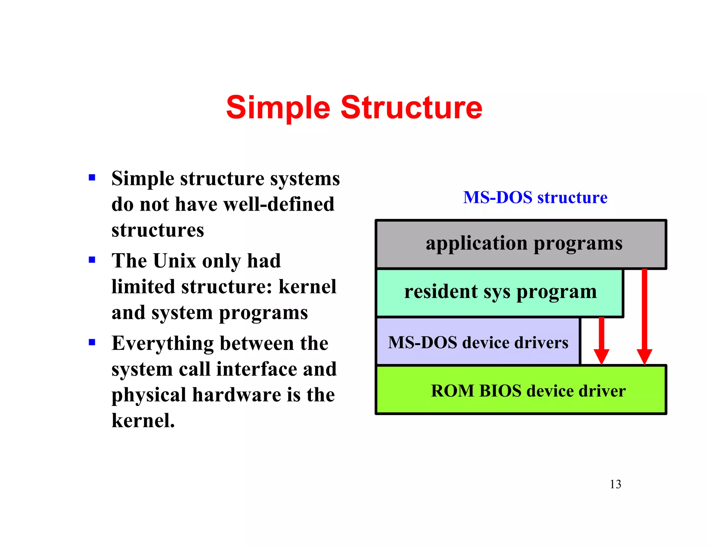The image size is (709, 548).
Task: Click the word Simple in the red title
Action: pos(278,108)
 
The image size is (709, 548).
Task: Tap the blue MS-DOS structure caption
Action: pos(535,197)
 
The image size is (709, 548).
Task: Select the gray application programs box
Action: pos(521,244)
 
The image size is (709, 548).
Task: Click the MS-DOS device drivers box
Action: pos(478,342)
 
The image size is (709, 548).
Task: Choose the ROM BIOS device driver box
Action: pos(521,390)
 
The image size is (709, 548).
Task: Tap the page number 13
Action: pos(615,484)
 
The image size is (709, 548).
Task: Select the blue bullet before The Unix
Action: pos(92,260)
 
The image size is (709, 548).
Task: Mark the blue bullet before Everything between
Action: pos(92,342)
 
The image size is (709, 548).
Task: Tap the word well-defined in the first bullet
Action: pos(279,204)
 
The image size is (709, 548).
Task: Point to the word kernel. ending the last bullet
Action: pos(143,421)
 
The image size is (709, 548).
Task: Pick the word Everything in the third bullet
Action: pos(163,344)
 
